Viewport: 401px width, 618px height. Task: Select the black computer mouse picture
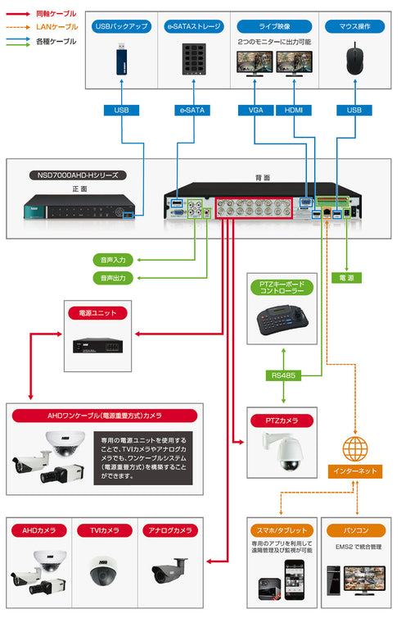[x=353, y=61]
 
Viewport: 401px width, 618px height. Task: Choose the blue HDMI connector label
[x=293, y=110]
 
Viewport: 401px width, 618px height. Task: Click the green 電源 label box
[x=349, y=278]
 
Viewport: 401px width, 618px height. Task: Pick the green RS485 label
[x=282, y=375]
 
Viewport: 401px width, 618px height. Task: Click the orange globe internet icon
[x=354, y=448]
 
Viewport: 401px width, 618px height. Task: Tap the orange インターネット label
[x=354, y=471]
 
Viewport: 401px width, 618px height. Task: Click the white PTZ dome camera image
[x=282, y=452]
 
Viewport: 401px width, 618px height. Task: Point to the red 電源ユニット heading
[x=97, y=313]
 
